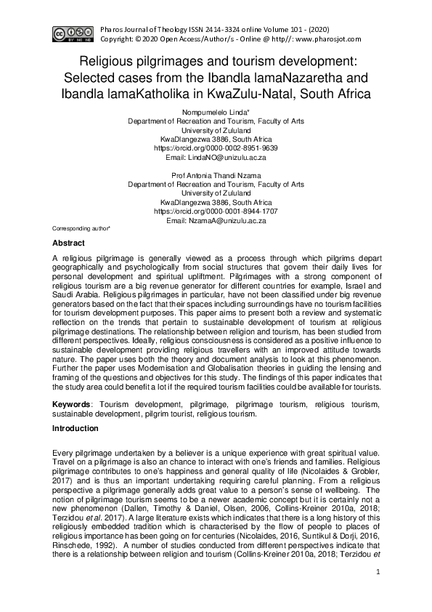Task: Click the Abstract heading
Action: tap(68, 243)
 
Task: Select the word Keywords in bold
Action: tap(72, 402)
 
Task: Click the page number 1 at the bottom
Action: tap(378, 573)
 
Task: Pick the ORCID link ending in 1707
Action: tap(216, 212)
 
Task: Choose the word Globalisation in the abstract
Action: tap(192, 370)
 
